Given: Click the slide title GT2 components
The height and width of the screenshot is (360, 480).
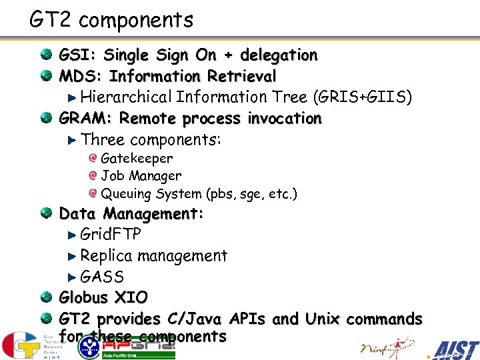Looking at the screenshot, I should point(111,21).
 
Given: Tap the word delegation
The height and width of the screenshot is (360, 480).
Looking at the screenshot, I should point(279,55).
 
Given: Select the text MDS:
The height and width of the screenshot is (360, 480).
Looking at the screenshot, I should point(81,76).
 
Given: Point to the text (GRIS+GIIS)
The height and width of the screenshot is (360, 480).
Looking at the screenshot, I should point(362,97).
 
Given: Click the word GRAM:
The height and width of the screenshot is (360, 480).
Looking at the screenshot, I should point(86,119).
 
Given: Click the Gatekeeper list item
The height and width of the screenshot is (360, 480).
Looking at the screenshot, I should point(136,159).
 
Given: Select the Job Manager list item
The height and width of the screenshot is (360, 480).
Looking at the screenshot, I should point(141,176).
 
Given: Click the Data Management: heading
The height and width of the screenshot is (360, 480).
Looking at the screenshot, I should point(131,214).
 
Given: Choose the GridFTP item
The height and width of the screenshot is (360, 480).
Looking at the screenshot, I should point(110,235).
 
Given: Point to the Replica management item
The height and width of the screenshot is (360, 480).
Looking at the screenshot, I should point(153,256).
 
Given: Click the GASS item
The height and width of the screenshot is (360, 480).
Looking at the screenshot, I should point(101,277).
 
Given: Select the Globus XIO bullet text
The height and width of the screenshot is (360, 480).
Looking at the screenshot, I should point(103,297).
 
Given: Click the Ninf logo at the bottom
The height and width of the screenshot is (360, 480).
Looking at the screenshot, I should point(383,347).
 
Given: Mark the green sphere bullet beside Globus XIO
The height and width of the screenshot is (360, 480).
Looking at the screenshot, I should point(45,297).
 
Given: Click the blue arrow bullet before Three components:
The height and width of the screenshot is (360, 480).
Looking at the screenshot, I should point(73,140).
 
